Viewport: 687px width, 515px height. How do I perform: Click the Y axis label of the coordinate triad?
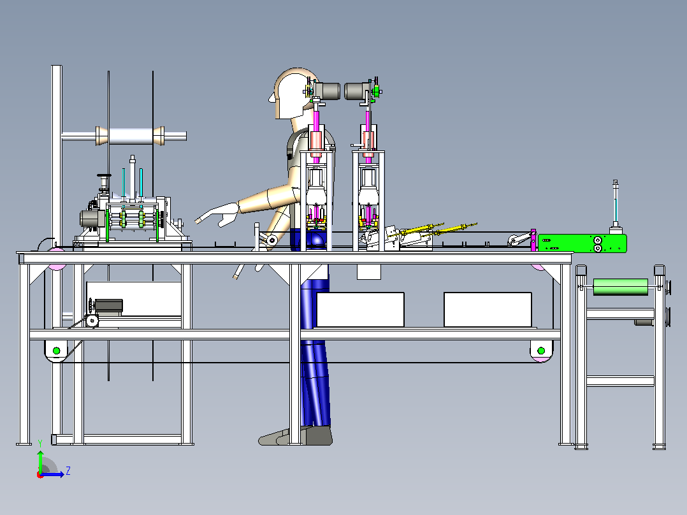click(x=40, y=443)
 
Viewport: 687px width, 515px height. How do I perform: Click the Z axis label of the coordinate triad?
click(x=68, y=471)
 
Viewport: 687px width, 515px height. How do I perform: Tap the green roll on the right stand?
click(x=621, y=287)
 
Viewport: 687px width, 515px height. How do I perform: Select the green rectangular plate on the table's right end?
click(x=582, y=243)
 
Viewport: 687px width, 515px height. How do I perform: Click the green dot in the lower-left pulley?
click(x=56, y=351)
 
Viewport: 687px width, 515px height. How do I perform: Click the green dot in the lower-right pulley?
click(x=541, y=351)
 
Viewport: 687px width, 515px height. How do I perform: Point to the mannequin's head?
click(x=291, y=93)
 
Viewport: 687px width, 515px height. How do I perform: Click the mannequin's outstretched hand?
click(x=217, y=215)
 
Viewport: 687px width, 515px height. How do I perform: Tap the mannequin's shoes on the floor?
click(x=296, y=436)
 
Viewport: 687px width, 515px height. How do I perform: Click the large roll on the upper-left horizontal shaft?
click(x=130, y=136)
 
